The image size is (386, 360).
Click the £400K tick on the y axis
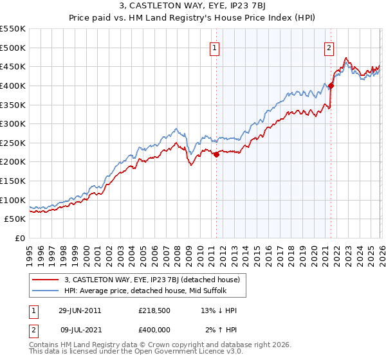[x=13, y=85]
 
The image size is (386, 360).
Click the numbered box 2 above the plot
[x=329, y=47]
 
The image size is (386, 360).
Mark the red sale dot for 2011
[x=217, y=154]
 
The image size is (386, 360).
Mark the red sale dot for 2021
[x=331, y=85]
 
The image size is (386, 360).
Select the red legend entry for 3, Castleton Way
[x=152, y=280]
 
